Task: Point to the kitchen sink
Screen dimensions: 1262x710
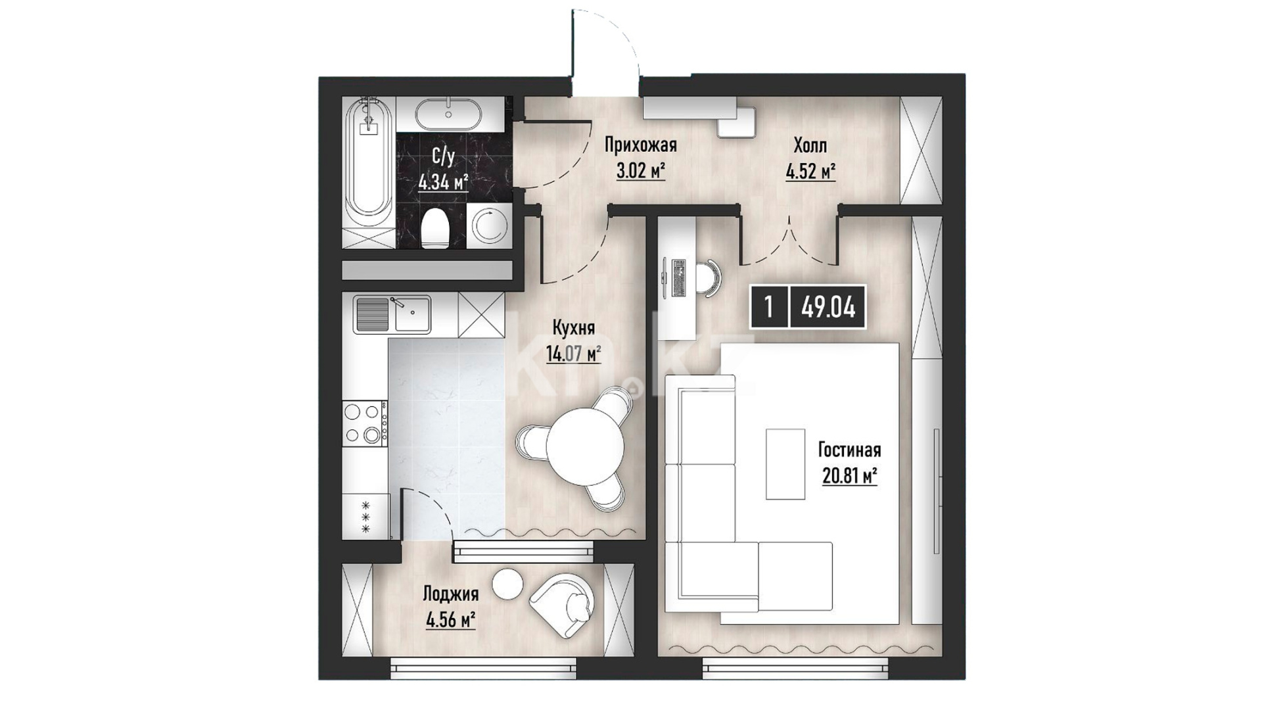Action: point(392,314)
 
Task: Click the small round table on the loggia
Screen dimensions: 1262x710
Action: point(508,582)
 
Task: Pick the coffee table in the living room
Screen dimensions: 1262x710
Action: point(785,464)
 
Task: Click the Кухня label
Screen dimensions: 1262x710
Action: point(574,328)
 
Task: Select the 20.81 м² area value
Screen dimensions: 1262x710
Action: point(850,475)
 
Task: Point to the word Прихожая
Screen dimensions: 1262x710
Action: point(641,145)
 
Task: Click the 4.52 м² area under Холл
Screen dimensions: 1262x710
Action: point(810,172)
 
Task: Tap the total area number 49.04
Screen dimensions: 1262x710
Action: point(828,307)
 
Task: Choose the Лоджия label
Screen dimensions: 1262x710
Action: point(450,594)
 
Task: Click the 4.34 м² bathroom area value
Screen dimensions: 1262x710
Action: point(443,181)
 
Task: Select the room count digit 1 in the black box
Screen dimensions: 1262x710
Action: point(768,307)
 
